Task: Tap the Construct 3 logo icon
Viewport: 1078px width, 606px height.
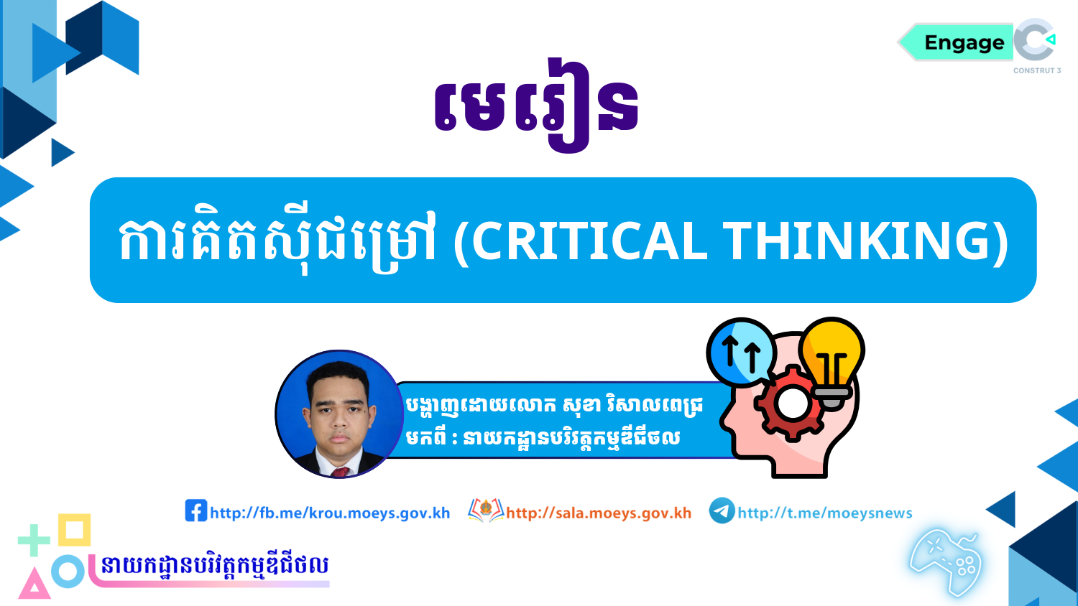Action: [1035, 40]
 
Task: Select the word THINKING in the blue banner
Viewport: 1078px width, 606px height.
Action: [857, 241]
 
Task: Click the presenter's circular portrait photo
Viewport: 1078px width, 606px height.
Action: [339, 414]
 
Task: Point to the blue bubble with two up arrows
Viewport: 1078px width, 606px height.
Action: [740, 352]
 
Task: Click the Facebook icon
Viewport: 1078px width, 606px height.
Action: [195, 511]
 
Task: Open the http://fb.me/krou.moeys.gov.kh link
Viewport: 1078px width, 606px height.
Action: [330, 513]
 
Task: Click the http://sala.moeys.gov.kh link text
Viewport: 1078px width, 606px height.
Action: [599, 513]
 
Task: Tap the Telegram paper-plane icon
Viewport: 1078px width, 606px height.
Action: [722, 511]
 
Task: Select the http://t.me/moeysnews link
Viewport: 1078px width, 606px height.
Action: [825, 513]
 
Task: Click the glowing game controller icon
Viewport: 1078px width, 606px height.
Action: [946, 561]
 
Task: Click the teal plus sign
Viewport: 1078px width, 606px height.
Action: [33, 541]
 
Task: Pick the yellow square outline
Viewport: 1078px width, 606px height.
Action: [74, 530]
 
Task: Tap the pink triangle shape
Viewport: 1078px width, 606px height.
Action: [34, 584]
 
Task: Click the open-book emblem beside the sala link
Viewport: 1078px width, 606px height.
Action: [486, 511]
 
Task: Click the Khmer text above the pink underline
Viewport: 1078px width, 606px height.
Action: [214, 565]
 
